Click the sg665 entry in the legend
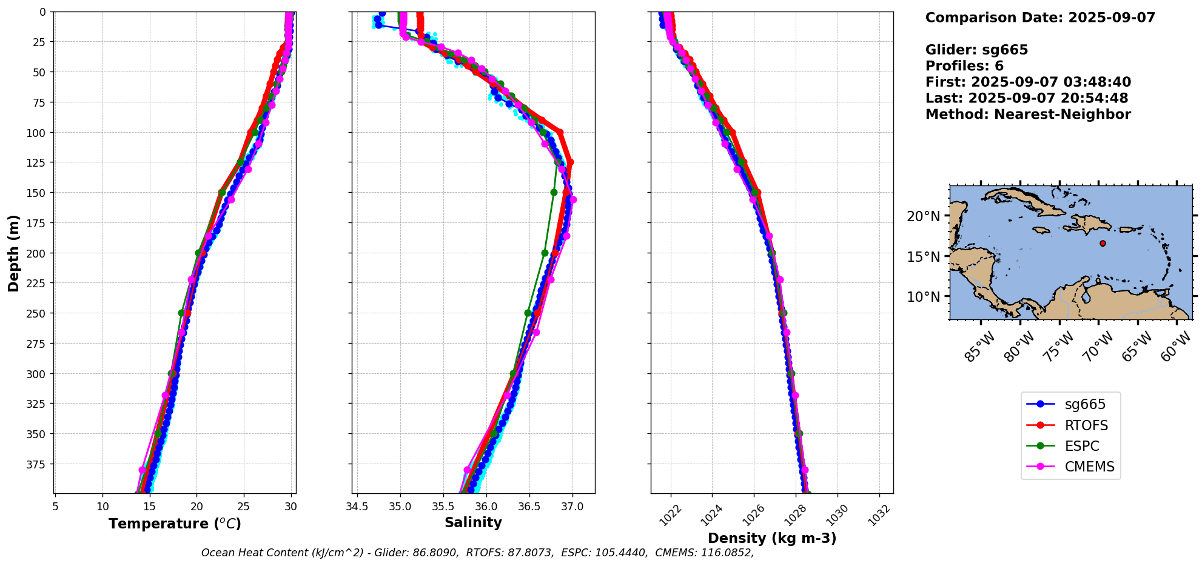coord(1070,404)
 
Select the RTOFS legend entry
coord(1070,425)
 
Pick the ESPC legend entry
coord(1070,446)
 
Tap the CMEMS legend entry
coord(1070,467)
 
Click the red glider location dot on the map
coord(1103,243)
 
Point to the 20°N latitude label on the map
coord(923,216)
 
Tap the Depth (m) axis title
coord(13,253)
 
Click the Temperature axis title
coord(175,524)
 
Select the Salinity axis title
coord(473,522)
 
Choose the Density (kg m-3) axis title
coord(772,538)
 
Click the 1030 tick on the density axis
coord(837,515)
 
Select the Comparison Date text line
coord(1040,18)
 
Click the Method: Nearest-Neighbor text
coord(1028,115)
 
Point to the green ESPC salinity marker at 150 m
coord(554,192)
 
